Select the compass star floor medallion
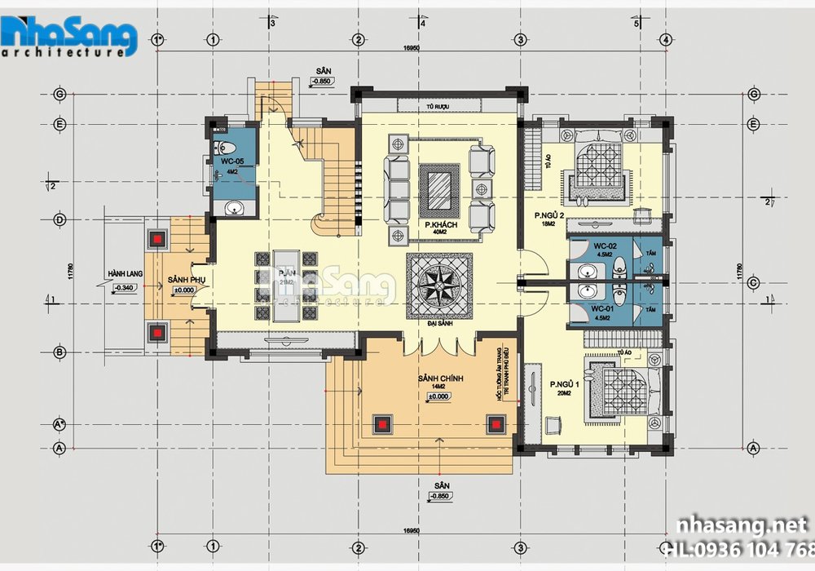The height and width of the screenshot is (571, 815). click(x=439, y=284)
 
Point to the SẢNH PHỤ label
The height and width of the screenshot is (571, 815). click(x=186, y=279)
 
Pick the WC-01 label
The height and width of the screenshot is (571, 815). click(x=602, y=308)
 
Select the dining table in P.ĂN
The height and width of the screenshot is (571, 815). click(x=286, y=285)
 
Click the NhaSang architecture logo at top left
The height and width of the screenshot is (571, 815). click(x=68, y=36)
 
